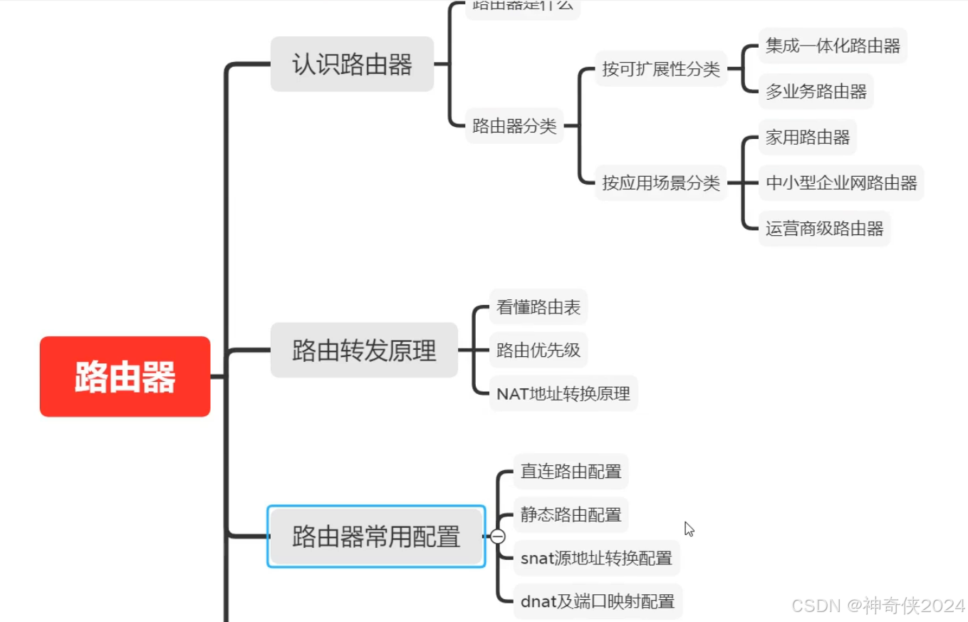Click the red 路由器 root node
click(x=125, y=376)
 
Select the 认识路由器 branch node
click(x=352, y=64)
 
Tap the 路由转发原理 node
click(x=364, y=350)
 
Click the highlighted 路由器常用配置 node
click(x=376, y=537)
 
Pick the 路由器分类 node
click(x=514, y=126)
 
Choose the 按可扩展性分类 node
click(x=660, y=69)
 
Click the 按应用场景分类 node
click(x=660, y=183)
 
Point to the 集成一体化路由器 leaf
click(x=833, y=46)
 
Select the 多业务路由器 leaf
click(x=816, y=92)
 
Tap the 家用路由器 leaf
click(x=808, y=138)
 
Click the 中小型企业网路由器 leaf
click(x=841, y=183)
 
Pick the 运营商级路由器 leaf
click(x=824, y=229)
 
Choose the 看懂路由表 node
click(x=538, y=307)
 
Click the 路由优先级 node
click(x=538, y=350)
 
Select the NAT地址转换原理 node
click(x=563, y=394)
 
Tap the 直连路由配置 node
click(x=571, y=471)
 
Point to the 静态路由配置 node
click(x=571, y=514)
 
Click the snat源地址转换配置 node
click(x=596, y=558)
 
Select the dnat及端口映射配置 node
click(x=598, y=601)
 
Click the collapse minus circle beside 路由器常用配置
click(x=498, y=537)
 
